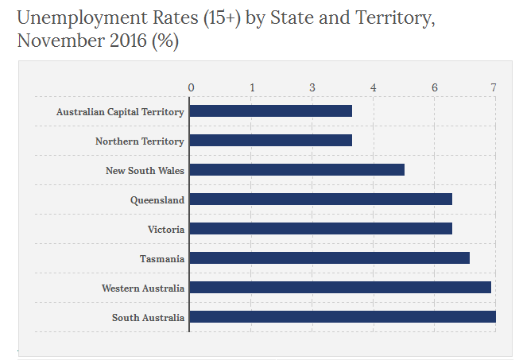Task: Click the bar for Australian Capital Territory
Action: tap(271, 111)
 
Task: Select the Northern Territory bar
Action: tap(271, 141)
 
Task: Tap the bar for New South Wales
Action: tap(297, 170)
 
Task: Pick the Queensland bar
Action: tap(321, 199)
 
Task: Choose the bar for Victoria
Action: tap(321, 229)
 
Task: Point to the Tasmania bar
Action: tap(330, 258)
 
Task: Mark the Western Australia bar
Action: tap(340, 288)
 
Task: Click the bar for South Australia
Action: tap(343, 317)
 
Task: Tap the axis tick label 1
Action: tap(252, 87)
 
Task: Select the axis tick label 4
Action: tap(373, 87)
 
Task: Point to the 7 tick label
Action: tap(494, 87)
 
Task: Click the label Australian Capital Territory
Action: tap(120, 112)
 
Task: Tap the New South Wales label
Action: tap(145, 171)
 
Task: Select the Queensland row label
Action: tap(157, 200)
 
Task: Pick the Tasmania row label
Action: tap(162, 259)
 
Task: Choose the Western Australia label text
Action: tap(143, 288)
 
